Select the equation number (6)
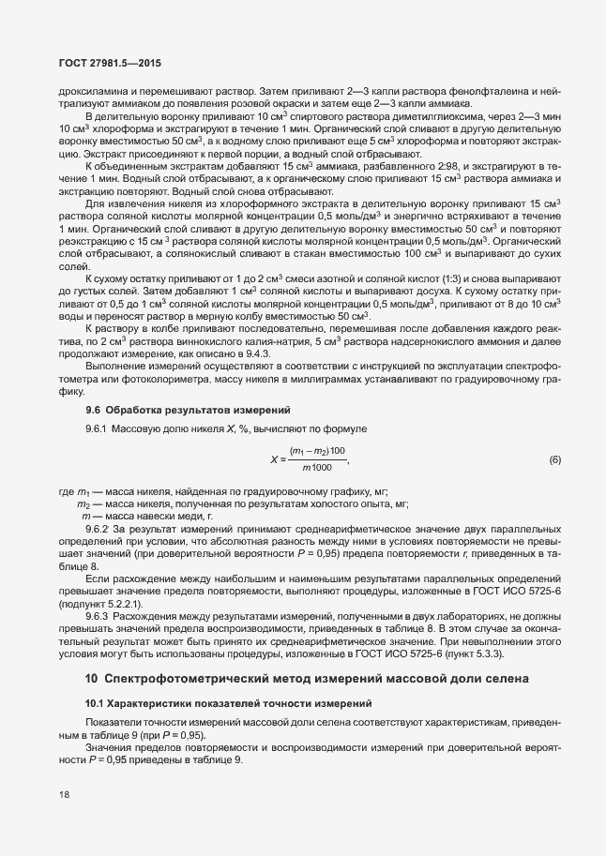(553, 459)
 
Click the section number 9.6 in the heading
(93, 410)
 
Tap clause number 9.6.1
(98, 428)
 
